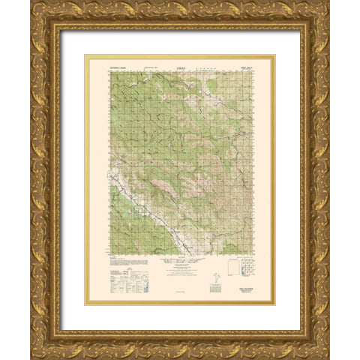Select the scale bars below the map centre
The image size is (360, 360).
click(x=180, y=267)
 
